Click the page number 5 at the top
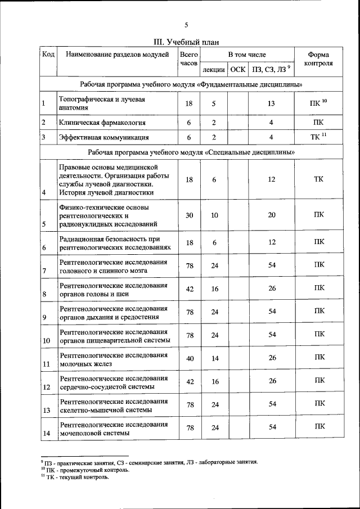point(186,24)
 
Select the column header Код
point(48,55)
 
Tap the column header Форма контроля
point(318,59)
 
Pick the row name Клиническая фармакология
point(102,122)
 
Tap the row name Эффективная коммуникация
point(103,137)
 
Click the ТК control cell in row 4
point(318,179)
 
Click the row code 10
point(47,341)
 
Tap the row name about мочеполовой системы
point(114,429)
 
